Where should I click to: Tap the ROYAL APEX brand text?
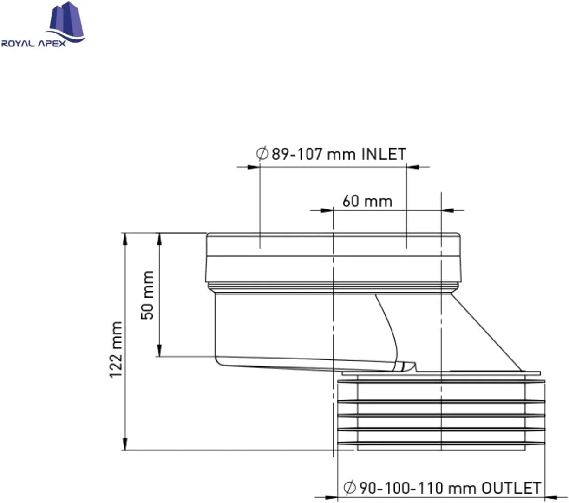[33, 44]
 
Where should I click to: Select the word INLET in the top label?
[384, 154]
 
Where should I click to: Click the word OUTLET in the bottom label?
[511, 488]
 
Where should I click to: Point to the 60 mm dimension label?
[367, 201]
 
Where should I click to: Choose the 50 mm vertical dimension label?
[148, 295]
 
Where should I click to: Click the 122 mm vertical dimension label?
[116, 349]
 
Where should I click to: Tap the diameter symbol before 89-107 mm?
[262, 154]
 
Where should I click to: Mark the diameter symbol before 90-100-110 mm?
[349, 488]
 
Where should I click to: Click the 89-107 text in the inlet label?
[297, 154]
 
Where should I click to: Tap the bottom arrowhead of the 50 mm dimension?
[159, 351]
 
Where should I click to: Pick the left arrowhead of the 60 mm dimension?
[327, 210]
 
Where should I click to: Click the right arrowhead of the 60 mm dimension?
[447, 210]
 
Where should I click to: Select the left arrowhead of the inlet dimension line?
[253, 166]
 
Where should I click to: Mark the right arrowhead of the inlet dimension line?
[413, 166]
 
